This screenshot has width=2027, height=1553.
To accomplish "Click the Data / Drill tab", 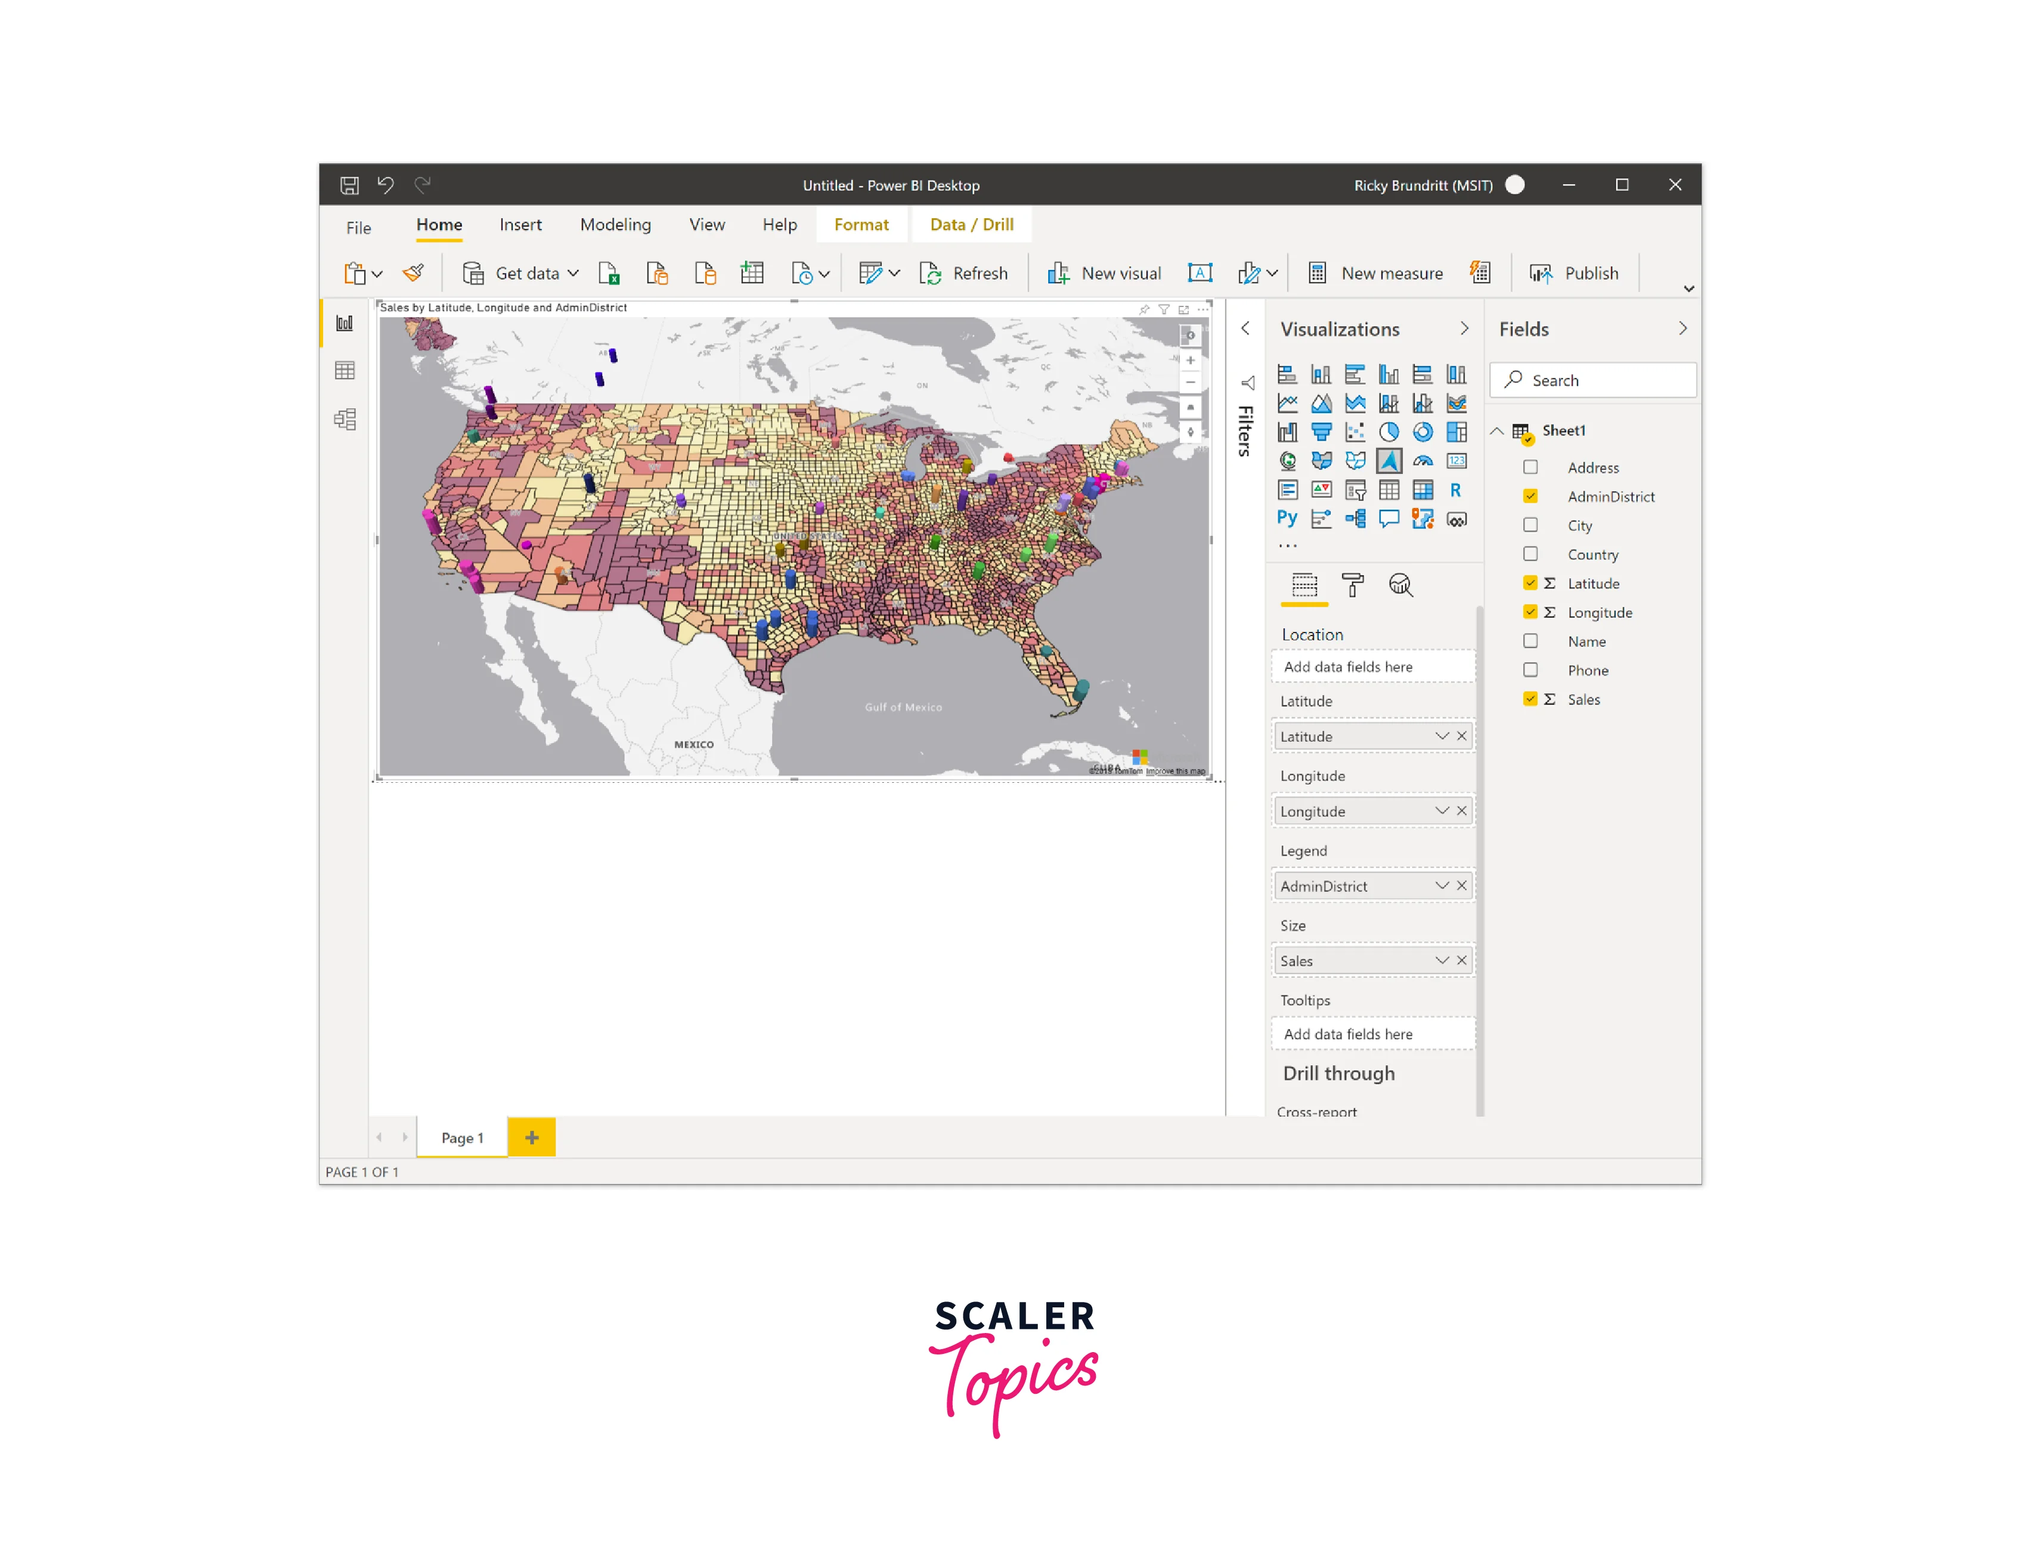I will (971, 225).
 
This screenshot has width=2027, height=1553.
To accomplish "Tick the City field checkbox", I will (1530, 525).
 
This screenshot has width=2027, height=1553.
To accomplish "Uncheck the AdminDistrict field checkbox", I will (1530, 497).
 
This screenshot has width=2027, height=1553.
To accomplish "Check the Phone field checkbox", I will (1530, 670).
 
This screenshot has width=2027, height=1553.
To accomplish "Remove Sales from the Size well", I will (1461, 960).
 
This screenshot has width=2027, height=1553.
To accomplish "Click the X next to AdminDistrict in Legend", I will (1461, 885).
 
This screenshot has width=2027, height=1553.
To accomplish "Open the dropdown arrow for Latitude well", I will (1441, 736).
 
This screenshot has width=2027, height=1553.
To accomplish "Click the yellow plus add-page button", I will (531, 1137).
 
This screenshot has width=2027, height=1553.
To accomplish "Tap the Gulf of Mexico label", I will (903, 707).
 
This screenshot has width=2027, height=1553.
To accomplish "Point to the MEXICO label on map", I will (693, 744).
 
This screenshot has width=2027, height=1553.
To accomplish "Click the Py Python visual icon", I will (1287, 519).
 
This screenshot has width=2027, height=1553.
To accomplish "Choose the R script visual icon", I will (1456, 490).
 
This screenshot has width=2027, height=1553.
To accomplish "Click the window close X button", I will (1675, 185).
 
